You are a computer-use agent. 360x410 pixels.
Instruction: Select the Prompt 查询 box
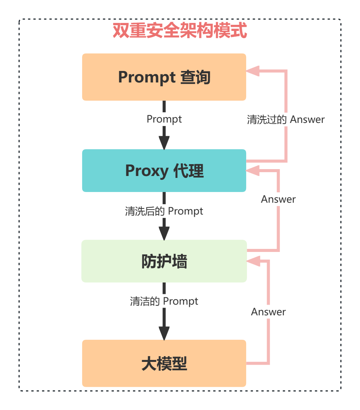[164, 77]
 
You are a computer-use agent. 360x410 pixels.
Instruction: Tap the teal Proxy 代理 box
[164, 170]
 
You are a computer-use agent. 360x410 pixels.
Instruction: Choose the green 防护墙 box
[164, 261]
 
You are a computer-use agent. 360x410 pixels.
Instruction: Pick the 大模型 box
[164, 363]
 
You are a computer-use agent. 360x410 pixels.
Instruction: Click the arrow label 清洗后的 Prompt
[164, 211]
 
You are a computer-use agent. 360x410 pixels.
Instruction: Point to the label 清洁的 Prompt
[164, 301]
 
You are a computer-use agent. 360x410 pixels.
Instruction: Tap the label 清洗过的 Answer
[286, 119]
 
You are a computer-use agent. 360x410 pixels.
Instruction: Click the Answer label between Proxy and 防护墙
[278, 199]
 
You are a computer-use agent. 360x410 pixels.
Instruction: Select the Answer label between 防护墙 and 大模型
[268, 312]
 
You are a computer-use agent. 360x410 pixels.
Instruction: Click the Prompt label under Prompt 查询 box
[164, 119]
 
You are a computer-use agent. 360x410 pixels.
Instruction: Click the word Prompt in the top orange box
[146, 77]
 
